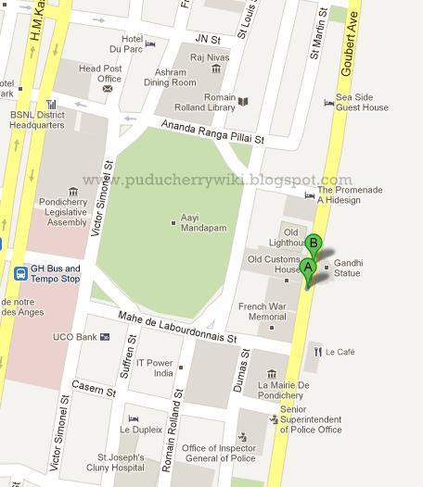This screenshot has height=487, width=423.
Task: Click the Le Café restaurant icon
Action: [316, 352]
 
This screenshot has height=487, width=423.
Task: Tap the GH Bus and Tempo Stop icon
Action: [20, 274]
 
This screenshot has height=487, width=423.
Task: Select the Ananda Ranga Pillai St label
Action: [212, 131]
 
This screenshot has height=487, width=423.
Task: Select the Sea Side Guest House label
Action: [362, 102]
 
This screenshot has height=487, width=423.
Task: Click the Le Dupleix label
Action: [139, 430]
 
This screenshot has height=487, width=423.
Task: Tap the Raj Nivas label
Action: [209, 57]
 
